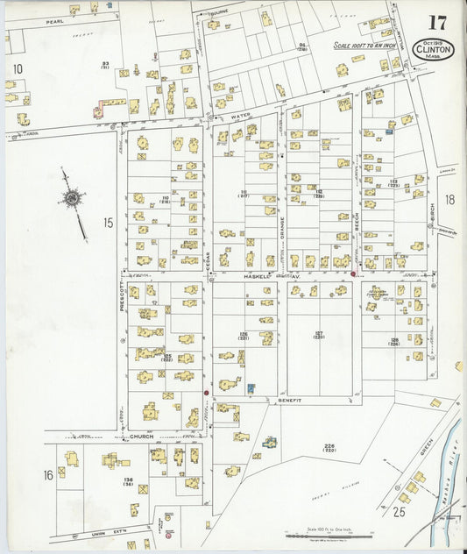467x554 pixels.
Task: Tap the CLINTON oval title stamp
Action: point(434,48)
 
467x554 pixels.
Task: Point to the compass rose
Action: point(71,200)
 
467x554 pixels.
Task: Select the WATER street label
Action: point(240,116)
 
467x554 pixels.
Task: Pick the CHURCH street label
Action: point(141,436)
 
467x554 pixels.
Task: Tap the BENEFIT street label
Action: point(289,400)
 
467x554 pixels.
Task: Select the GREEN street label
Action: point(426,449)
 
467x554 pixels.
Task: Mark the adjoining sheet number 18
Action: point(449,200)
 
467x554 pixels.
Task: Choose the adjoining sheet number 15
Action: point(107,223)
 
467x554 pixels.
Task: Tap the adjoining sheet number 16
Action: point(48,474)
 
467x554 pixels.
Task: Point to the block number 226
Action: point(329,447)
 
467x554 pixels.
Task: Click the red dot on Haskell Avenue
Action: point(353,273)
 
